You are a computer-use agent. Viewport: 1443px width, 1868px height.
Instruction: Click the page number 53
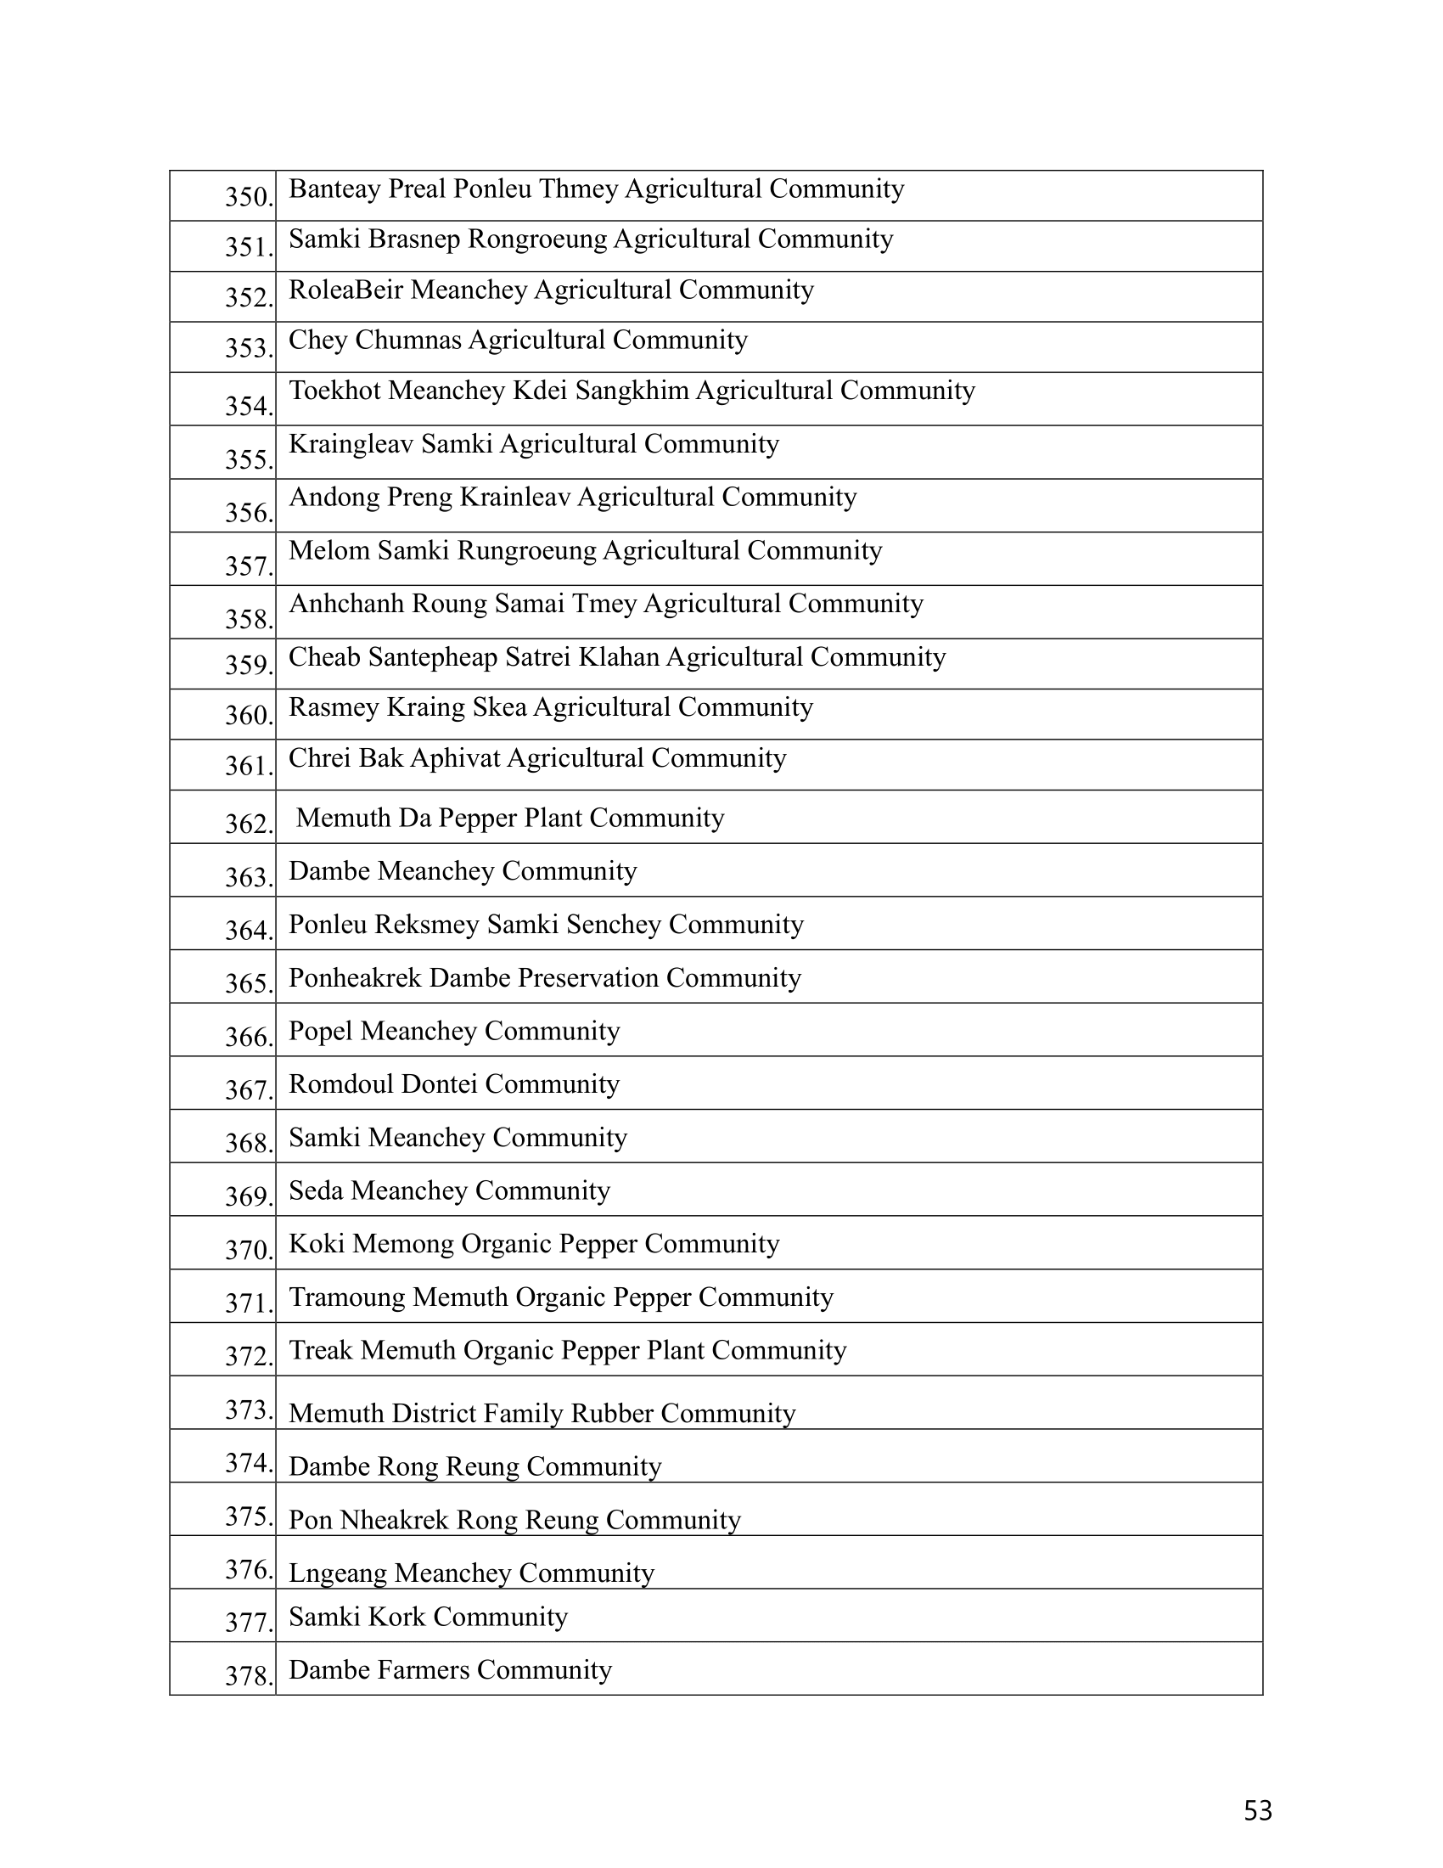point(1257,1811)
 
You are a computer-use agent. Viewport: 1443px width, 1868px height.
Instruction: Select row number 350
point(249,197)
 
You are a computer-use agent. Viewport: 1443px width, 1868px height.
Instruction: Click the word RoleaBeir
point(345,290)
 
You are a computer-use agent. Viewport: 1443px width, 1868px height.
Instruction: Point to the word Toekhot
point(334,391)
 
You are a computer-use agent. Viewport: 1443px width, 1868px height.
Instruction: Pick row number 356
point(249,512)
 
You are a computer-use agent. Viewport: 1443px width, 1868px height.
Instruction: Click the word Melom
point(328,550)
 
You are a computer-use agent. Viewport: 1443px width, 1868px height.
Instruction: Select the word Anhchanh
point(346,604)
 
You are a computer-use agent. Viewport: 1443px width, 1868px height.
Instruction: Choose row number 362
point(249,824)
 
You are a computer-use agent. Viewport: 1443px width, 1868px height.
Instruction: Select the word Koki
point(317,1244)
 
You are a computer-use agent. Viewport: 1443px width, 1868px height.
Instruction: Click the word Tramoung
point(346,1297)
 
